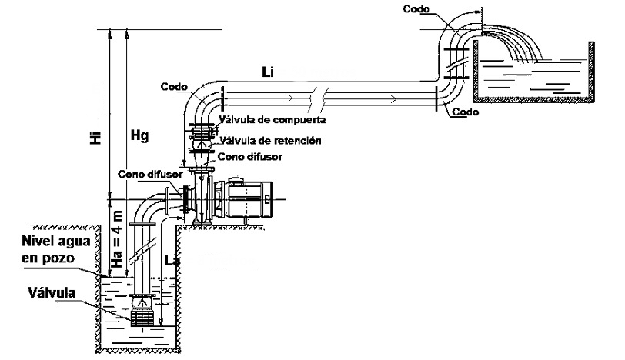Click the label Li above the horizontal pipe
point(267,72)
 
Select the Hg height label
point(139,135)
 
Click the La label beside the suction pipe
point(172,262)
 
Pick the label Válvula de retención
point(269,141)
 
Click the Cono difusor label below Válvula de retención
point(251,156)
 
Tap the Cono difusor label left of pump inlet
point(150,174)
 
